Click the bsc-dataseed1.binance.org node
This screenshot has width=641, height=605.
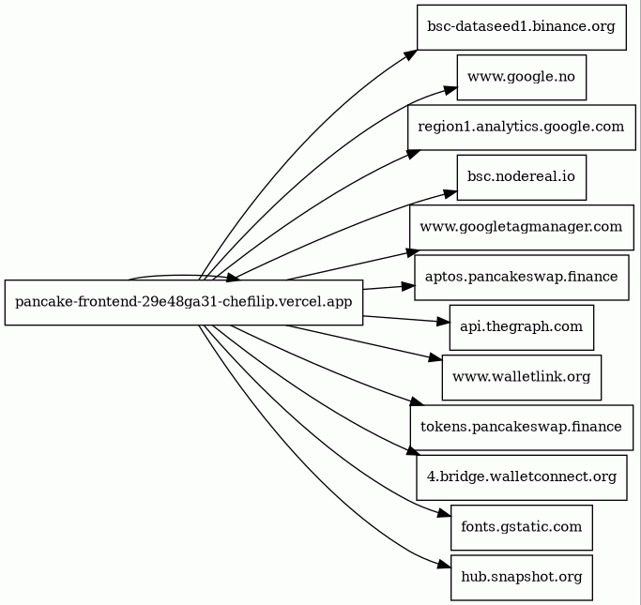point(522,27)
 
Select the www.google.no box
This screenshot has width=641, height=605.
point(522,77)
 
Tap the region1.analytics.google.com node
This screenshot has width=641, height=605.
point(522,128)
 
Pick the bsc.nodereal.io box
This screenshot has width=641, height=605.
point(522,177)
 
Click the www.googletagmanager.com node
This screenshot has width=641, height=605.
point(522,228)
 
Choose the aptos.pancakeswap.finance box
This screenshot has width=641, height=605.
point(522,278)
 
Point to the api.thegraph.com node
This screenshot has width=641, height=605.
point(522,327)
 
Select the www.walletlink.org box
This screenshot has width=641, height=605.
point(522,377)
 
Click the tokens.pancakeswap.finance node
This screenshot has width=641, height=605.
point(522,428)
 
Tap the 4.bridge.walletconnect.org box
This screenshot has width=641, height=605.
point(522,477)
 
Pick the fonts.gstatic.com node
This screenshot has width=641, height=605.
point(522,527)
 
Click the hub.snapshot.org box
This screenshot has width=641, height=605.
point(522,578)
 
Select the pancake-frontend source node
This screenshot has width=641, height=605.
point(184,303)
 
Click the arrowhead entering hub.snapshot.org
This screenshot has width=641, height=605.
point(444,565)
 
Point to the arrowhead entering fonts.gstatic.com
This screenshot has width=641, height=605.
point(444,513)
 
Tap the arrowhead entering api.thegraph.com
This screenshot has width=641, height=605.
point(443,322)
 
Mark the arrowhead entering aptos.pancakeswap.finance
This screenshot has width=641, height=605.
point(408,286)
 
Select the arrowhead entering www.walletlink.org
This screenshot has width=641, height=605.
point(435,358)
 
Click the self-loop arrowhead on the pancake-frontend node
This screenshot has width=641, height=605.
point(233,278)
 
